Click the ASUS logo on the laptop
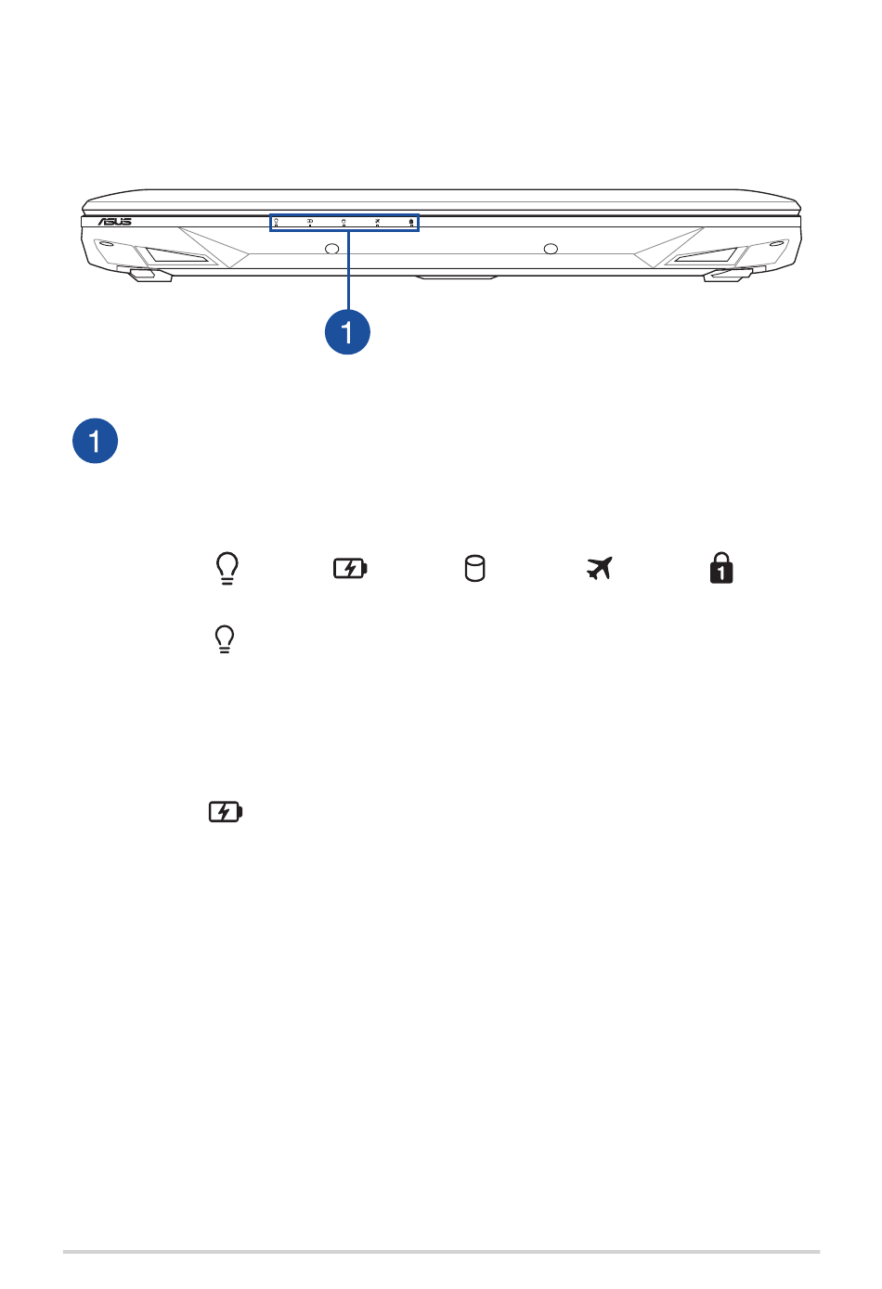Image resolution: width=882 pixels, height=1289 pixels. click(114, 222)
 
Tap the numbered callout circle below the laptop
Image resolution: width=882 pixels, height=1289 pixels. click(347, 332)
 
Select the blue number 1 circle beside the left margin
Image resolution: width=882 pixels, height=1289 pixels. click(95, 441)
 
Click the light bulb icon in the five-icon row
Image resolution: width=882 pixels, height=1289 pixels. click(227, 569)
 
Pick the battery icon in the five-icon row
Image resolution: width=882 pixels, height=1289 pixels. click(351, 569)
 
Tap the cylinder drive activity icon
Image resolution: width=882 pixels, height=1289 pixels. click(475, 569)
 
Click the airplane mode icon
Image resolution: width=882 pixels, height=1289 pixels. click(600, 569)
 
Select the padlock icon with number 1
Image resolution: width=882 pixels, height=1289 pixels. click(721, 568)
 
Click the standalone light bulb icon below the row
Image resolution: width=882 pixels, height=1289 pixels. click(225, 639)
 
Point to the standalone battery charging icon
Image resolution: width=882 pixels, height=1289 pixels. click(225, 812)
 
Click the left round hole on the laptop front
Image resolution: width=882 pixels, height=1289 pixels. click(332, 249)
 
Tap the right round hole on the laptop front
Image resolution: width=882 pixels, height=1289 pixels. click(551, 249)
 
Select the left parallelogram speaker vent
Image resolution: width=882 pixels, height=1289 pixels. click(176, 255)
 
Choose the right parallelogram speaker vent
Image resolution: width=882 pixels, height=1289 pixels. click(706, 255)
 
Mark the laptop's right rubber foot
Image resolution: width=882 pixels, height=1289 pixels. click(727, 276)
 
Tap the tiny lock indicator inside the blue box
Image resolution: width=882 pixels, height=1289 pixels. click(411, 221)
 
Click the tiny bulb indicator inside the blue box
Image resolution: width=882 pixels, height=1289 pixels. click(277, 221)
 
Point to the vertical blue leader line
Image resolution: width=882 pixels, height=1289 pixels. click(348, 270)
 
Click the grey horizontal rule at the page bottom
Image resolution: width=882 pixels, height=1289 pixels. click(441, 1252)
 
